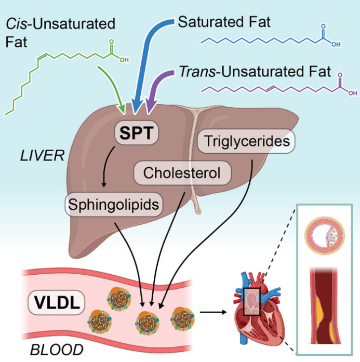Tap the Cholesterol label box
tap(182, 172)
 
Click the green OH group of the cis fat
tap(123, 59)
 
